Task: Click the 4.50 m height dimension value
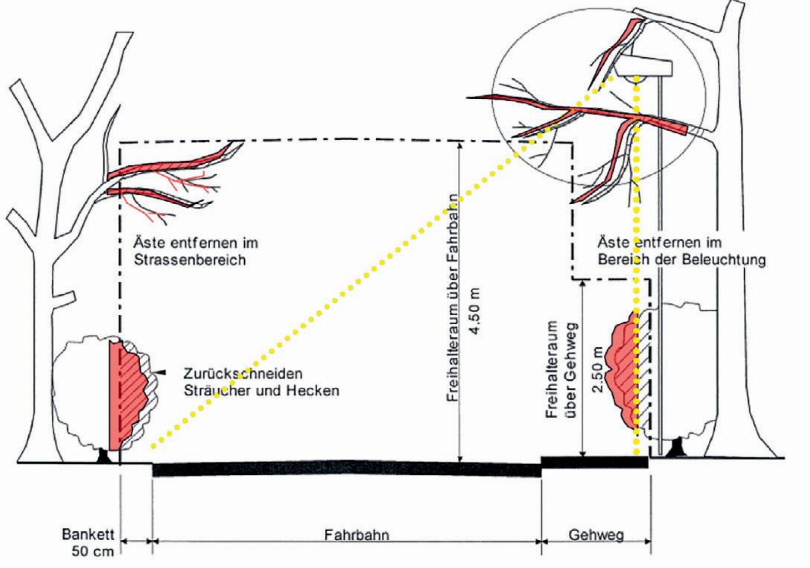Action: tap(475, 311)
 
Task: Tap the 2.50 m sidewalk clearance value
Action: tap(598, 370)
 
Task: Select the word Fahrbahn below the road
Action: tap(356, 535)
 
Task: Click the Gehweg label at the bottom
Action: tap(596, 535)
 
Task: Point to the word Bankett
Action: tap(88, 534)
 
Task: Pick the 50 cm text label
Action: tap(93, 551)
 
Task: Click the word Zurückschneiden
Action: tap(243, 373)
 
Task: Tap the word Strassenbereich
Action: tap(190, 260)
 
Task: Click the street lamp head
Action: tap(644, 68)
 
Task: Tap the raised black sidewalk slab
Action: tap(595, 462)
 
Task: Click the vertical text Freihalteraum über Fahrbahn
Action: tap(453, 298)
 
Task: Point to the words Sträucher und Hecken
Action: tap(262, 390)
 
